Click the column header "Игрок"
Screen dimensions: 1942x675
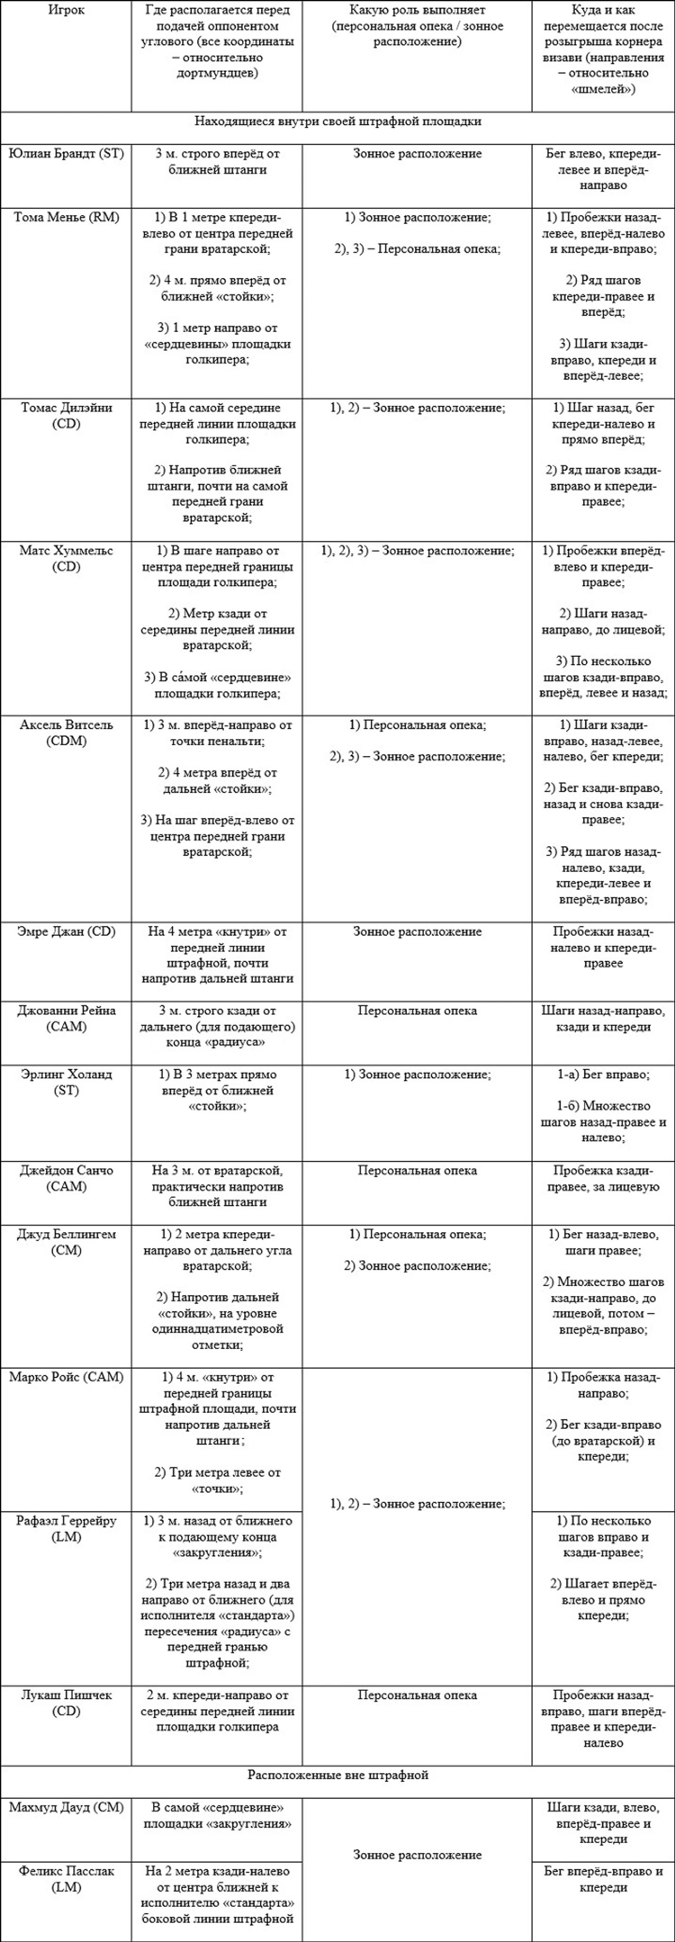pyautogui.click(x=66, y=11)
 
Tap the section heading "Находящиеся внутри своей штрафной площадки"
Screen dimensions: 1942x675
pyautogui.click(x=337, y=121)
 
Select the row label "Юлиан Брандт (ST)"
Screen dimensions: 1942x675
pyautogui.click(x=66, y=154)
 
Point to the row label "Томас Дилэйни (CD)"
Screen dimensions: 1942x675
pyautogui.click(x=66, y=415)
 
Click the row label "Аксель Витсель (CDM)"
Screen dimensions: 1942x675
pyautogui.click(x=66, y=732)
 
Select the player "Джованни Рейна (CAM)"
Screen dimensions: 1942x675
pyautogui.click(x=66, y=1018)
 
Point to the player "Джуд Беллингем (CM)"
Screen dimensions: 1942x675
pyautogui.click(x=66, y=1242)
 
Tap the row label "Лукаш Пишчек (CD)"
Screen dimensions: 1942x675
pyautogui.click(x=66, y=1702)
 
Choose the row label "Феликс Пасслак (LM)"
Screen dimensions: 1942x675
pyautogui.click(x=66, y=1879)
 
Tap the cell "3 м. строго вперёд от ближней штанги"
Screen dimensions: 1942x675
pyautogui.click(x=217, y=161)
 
